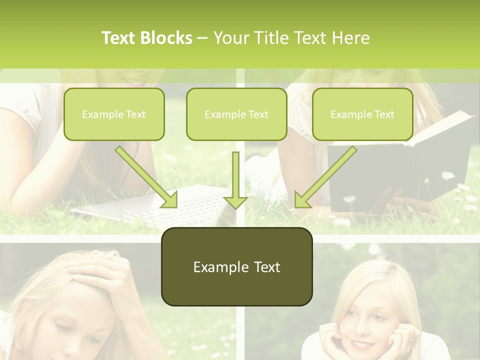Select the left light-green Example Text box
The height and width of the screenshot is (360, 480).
click(x=114, y=114)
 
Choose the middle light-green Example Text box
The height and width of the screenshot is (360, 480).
click(x=236, y=114)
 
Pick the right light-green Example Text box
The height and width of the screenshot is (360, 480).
click(x=362, y=114)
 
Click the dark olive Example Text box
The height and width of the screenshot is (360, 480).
click(x=236, y=266)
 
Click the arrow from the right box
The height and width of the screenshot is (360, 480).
click(x=325, y=177)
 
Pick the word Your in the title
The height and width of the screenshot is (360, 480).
click(x=228, y=38)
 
